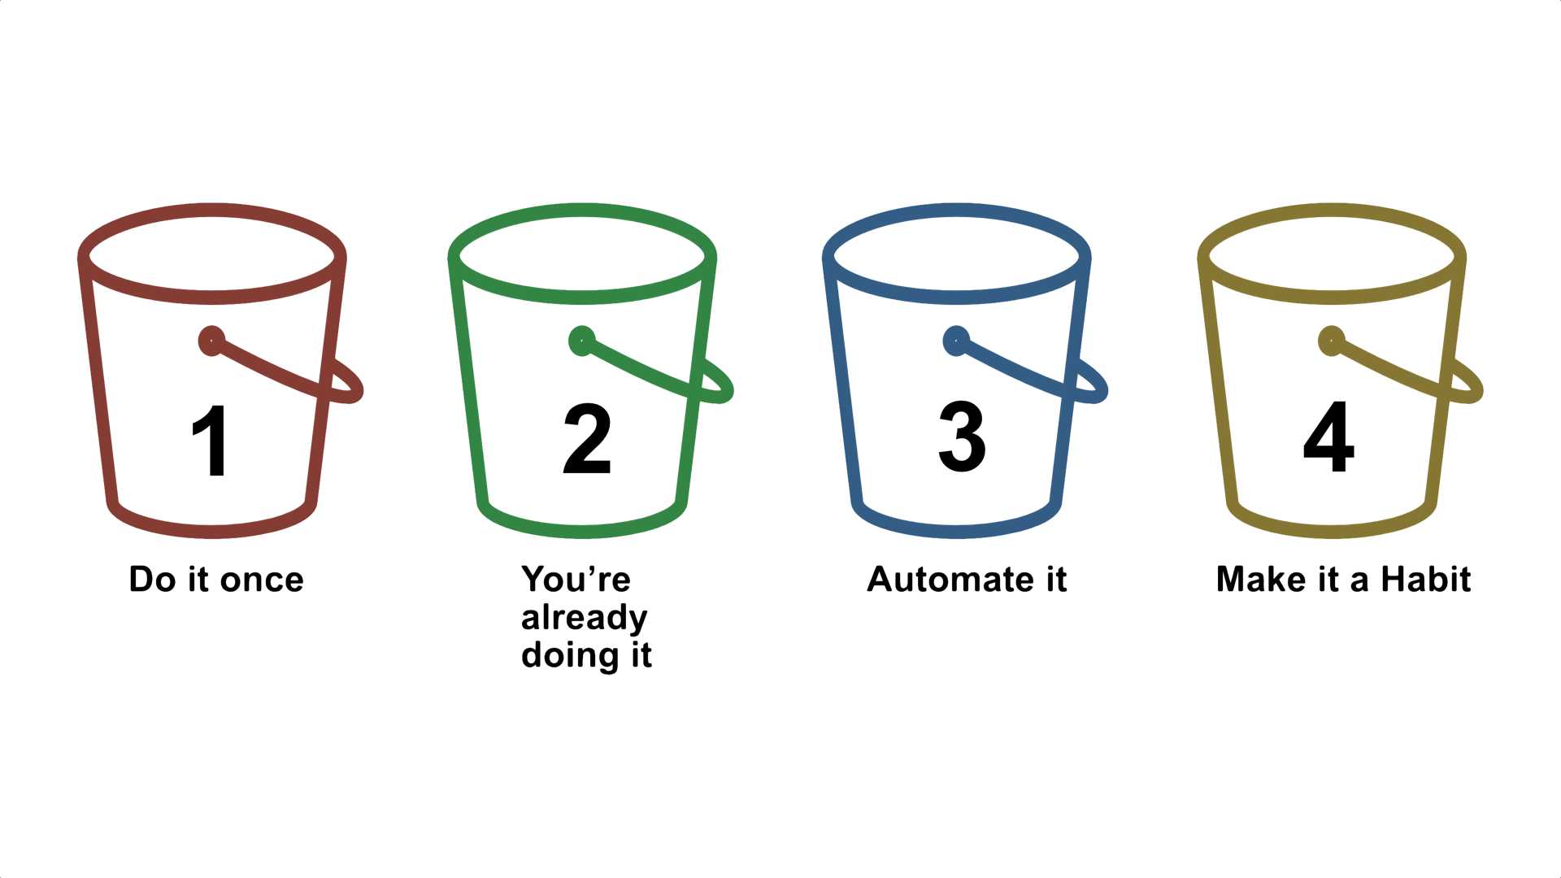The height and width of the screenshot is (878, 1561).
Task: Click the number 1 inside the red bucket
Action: coord(210,440)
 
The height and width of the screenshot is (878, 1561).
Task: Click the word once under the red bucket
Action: coord(262,580)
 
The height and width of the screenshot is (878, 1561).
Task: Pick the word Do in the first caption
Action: coord(152,580)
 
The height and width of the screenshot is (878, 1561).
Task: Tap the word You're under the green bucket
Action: coord(576,580)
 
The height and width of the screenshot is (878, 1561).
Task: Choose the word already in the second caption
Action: coord(584,619)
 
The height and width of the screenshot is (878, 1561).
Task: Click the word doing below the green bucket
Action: coord(569,656)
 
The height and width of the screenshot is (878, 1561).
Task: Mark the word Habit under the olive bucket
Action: coord(1426,580)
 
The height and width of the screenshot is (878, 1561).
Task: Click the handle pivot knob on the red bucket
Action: coord(211,341)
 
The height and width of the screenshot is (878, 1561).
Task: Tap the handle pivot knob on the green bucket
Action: coord(582,341)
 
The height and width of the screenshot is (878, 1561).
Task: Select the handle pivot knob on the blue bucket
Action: coord(956,341)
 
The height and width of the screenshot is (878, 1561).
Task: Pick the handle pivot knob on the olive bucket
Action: coord(1331,341)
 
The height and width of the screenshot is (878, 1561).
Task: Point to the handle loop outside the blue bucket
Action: coord(1096,387)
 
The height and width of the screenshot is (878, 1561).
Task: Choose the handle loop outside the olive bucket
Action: coord(1471,387)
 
